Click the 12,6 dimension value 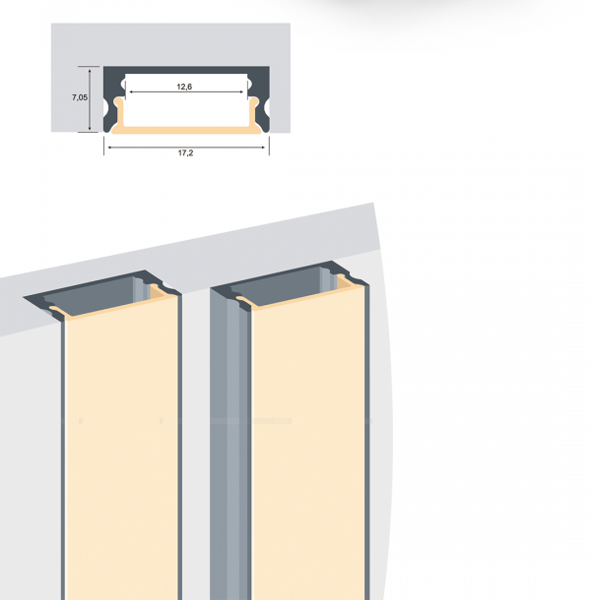point(184,87)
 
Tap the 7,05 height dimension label point(80,97)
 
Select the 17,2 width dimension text point(185,153)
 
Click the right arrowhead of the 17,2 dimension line point(263,148)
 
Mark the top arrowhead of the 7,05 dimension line point(90,71)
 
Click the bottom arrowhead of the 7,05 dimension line point(90,128)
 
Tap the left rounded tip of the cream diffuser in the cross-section point(119,101)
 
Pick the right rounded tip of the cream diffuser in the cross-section point(254,101)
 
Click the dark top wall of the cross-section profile point(186,70)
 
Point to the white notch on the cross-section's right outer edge point(268,108)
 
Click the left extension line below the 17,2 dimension point(103,146)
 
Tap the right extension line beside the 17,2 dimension point(269,146)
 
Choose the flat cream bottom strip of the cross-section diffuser point(186,130)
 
